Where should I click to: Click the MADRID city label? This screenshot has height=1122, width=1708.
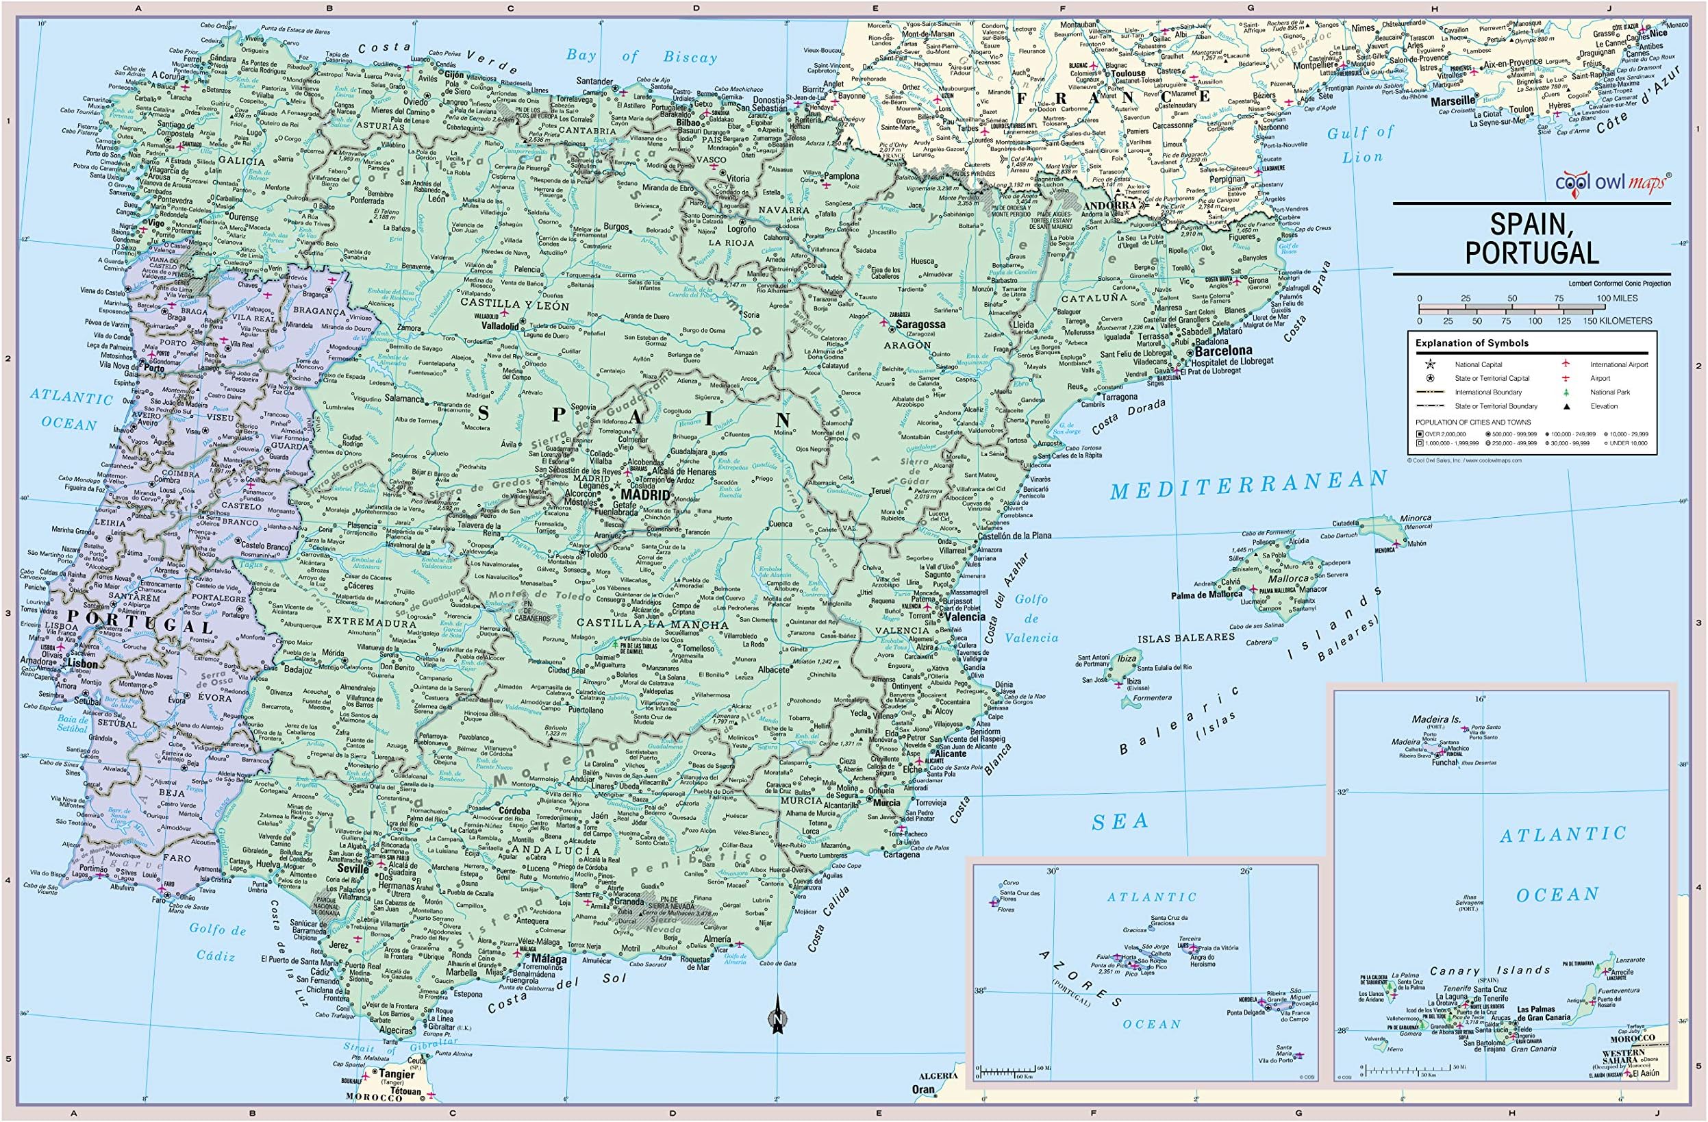(x=644, y=495)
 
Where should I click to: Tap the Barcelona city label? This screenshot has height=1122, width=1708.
(x=1223, y=351)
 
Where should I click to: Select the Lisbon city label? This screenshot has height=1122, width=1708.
(x=83, y=664)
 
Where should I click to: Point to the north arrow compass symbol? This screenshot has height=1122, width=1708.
(x=777, y=1015)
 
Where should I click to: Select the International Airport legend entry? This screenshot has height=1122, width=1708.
(x=1618, y=364)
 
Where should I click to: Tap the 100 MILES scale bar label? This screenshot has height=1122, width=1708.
(x=1616, y=298)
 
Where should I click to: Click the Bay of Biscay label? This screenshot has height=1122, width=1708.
(x=641, y=56)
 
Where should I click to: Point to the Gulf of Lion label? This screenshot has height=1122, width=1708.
(x=1360, y=144)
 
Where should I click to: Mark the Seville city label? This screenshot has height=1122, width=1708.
(x=353, y=868)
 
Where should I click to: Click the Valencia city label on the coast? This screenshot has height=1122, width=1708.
(x=965, y=616)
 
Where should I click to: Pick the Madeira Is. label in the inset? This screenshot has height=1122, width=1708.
(x=1436, y=719)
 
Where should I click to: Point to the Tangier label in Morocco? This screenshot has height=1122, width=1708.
(x=396, y=1075)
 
